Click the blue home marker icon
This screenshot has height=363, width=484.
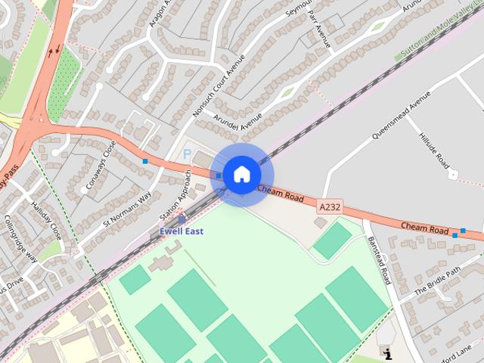(x=241, y=174)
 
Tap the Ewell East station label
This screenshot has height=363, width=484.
(x=181, y=231)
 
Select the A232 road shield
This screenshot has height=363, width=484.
(x=330, y=206)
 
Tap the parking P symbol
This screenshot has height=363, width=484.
(x=188, y=154)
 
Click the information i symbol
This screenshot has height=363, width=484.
(x=388, y=353)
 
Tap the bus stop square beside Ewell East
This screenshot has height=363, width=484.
(x=181, y=219)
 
